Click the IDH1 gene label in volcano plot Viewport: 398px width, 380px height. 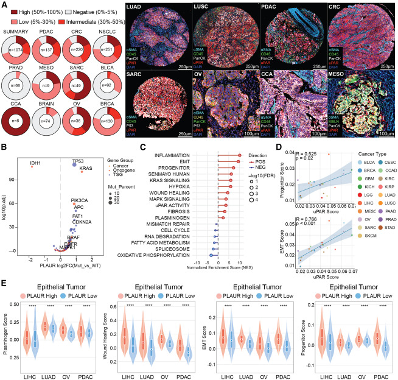point(30,163)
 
